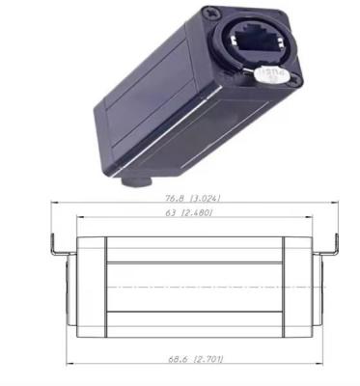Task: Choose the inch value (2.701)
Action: [208, 359]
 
